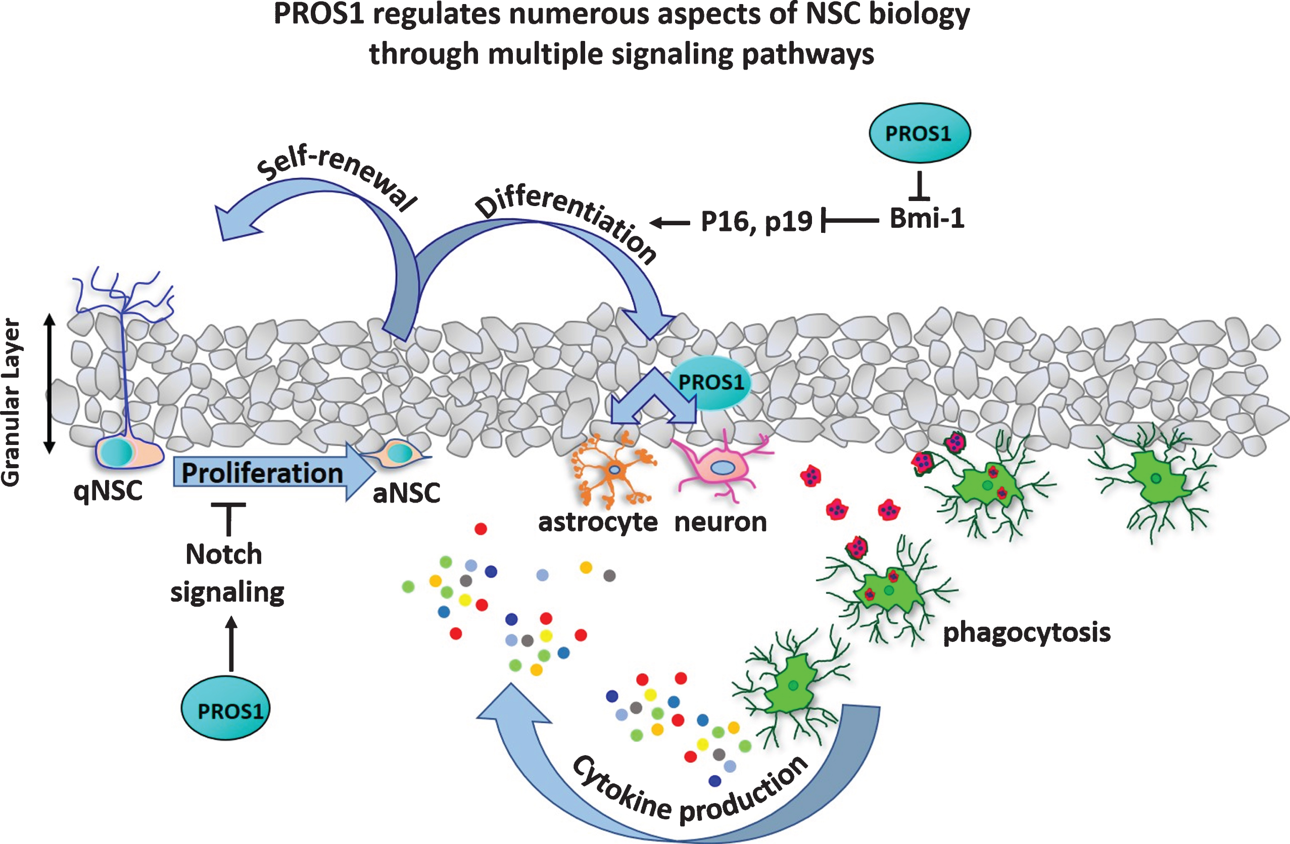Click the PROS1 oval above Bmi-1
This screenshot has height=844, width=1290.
919,133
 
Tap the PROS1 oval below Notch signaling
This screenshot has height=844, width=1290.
225,709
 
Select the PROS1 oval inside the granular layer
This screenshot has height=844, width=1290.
710,383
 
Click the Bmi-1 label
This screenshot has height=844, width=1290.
927,218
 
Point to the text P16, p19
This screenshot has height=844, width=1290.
756,221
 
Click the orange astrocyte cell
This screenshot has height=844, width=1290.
614,470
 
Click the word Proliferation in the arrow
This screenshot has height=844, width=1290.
262,473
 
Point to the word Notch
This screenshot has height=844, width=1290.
224,554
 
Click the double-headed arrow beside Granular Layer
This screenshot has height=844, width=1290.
50,383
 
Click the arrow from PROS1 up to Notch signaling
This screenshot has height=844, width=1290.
231,644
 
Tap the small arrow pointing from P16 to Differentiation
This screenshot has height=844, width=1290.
670,222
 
